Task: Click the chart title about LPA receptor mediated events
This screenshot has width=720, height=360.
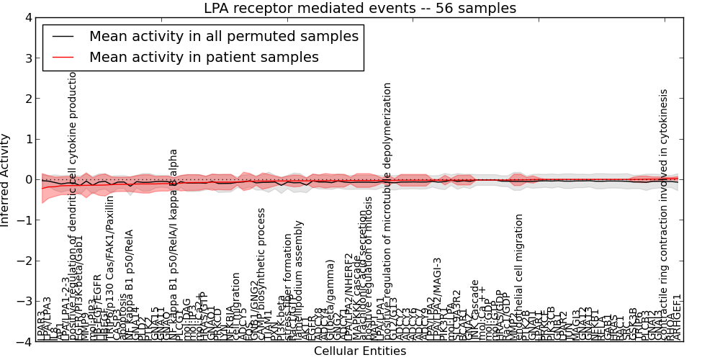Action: pos(359,9)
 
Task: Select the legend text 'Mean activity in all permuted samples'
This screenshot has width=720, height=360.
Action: pos(223,37)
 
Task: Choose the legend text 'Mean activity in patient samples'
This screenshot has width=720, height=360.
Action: pos(204,57)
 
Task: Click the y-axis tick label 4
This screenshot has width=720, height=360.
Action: pos(28,17)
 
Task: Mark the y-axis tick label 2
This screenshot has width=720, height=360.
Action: pos(28,99)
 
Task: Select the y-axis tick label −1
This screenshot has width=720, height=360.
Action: pos(24,220)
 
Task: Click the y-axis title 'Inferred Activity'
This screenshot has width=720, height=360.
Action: pos(6,179)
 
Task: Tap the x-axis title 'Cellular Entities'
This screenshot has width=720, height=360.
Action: pos(359,351)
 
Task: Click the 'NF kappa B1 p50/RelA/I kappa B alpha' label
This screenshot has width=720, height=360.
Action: pos(174,245)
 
